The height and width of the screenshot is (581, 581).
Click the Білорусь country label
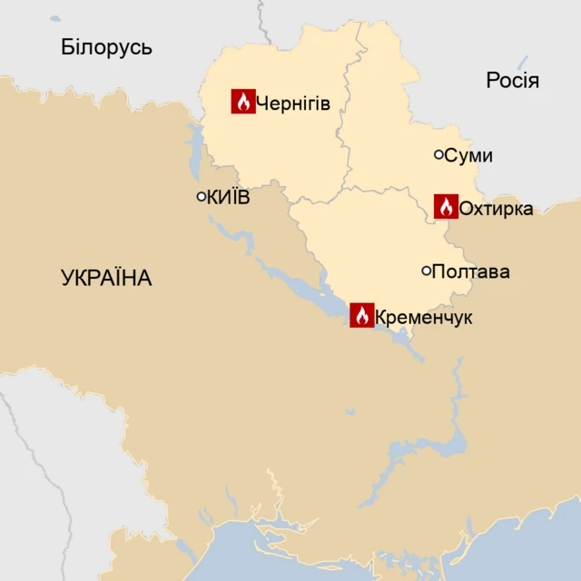coord(106,47)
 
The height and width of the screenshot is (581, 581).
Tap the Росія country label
coord(512,81)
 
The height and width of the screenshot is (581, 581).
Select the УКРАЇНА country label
coord(106,279)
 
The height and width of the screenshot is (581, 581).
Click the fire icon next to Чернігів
coord(242,102)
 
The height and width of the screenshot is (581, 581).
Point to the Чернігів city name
coord(292,103)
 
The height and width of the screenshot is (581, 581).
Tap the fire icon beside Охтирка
coord(445,206)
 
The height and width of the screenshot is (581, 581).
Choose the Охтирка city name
coord(496,209)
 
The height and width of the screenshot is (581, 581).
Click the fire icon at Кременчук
coord(361,315)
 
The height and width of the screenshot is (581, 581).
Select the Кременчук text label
coord(423,318)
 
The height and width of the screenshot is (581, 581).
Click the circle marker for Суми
coord(438,155)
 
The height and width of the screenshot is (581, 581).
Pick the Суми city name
coord(468,156)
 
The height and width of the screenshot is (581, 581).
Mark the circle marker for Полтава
coord(426,271)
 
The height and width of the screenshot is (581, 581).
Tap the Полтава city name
coord(470,271)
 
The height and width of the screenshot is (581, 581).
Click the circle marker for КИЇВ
coord(202,196)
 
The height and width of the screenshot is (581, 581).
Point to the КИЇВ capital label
coord(228,197)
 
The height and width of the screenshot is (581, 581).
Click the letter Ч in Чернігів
coord(262,103)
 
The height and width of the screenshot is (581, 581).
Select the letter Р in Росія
coord(492,81)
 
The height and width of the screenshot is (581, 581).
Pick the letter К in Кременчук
coord(380,318)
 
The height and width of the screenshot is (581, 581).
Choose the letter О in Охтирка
coord(466,209)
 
